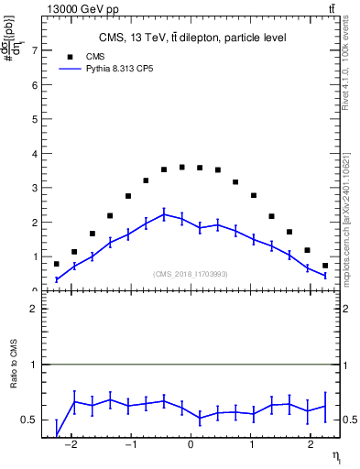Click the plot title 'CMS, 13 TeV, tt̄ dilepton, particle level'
click(x=192, y=38)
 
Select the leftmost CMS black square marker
click(x=57, y=264)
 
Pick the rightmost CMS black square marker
click(x=324, y=266)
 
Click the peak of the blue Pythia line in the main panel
click(x=163, y=214)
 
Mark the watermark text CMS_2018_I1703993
click(x=190, y=274)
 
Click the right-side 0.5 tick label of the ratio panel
click(x=348, y=420)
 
